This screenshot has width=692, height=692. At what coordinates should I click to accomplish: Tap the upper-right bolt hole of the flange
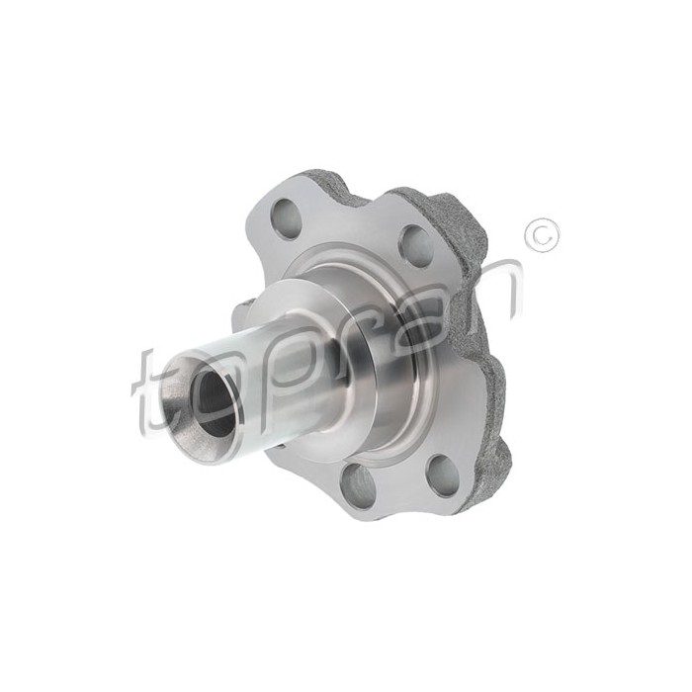416,246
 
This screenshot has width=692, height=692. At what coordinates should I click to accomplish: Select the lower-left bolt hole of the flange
357,482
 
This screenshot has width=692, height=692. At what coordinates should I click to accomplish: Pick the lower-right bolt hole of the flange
444,476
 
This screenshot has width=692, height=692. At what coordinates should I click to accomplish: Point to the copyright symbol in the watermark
542,235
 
